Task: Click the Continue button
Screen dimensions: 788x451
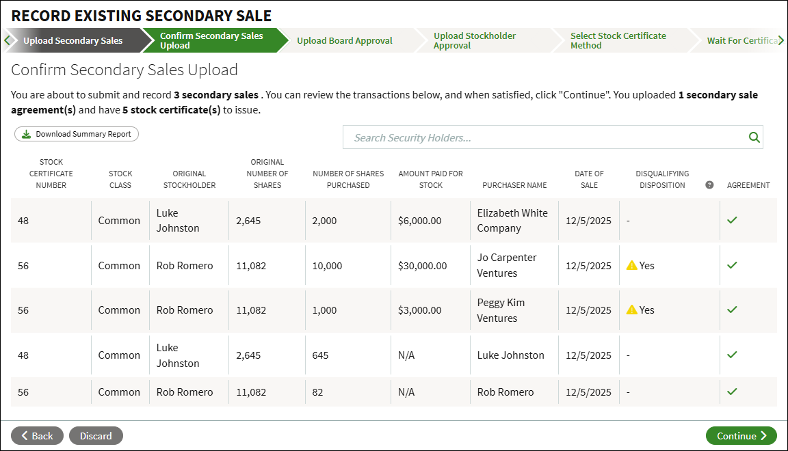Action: coord(741,436)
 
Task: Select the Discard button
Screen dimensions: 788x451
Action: coord(96,436)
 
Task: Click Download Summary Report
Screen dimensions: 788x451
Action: coord(77,134)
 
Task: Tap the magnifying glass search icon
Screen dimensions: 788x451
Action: coord(754,137)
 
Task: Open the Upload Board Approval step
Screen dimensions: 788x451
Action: coord(344,41)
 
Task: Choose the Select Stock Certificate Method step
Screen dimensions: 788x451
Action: coord(618,41)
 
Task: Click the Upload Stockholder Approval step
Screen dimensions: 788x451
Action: coord(475,41)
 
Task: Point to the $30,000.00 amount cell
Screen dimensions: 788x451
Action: coord(422,266)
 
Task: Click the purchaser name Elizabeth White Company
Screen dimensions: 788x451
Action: coord(512,221)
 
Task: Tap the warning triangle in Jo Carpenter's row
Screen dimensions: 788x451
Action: coord(632,265)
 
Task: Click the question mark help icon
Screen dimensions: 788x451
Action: coord(709,184)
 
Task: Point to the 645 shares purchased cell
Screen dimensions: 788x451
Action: coord(320,355)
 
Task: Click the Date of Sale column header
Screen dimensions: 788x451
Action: coord(589,179)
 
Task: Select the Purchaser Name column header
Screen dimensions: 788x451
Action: coord(514,185)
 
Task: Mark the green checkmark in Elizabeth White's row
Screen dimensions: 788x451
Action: coord(732,220)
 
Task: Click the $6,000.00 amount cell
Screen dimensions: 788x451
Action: coord(419,221)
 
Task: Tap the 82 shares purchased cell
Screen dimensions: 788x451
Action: coord(317,392)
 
